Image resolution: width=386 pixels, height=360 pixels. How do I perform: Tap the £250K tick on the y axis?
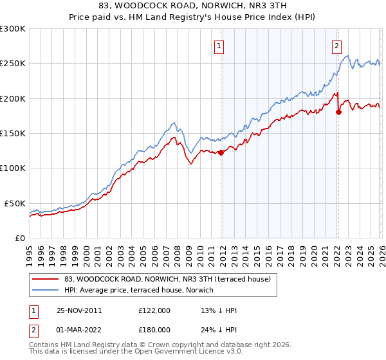coord(13,64)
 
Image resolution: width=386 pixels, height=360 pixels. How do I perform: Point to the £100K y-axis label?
coord(13,168)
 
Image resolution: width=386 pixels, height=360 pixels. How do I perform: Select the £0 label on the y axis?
coord(21,238)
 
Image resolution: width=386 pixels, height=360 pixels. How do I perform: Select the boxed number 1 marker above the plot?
coord(220,46)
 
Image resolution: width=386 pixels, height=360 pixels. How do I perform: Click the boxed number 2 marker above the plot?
coord(336,46)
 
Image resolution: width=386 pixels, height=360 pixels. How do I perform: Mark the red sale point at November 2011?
coord(221,153)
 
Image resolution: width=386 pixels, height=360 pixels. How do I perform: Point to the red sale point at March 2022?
coord(338,113)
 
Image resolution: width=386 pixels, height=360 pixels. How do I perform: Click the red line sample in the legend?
coord(46,279)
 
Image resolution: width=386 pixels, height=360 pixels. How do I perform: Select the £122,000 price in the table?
coord(154,310)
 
